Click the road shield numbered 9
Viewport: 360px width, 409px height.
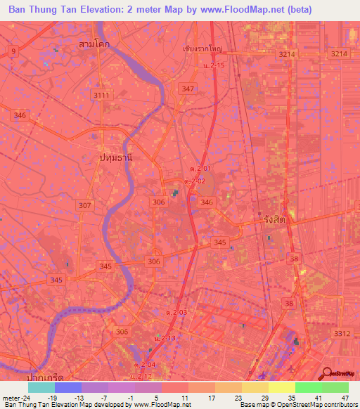[x=13, y=51]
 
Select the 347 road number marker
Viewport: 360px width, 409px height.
[x=188, y=89]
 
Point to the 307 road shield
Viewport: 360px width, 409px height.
[x=85, y=205]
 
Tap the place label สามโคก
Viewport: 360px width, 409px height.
[x=96, y=44]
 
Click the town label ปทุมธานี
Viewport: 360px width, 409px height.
[x=115, y=159]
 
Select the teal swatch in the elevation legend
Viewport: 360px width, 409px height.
[x=41, y=387]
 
